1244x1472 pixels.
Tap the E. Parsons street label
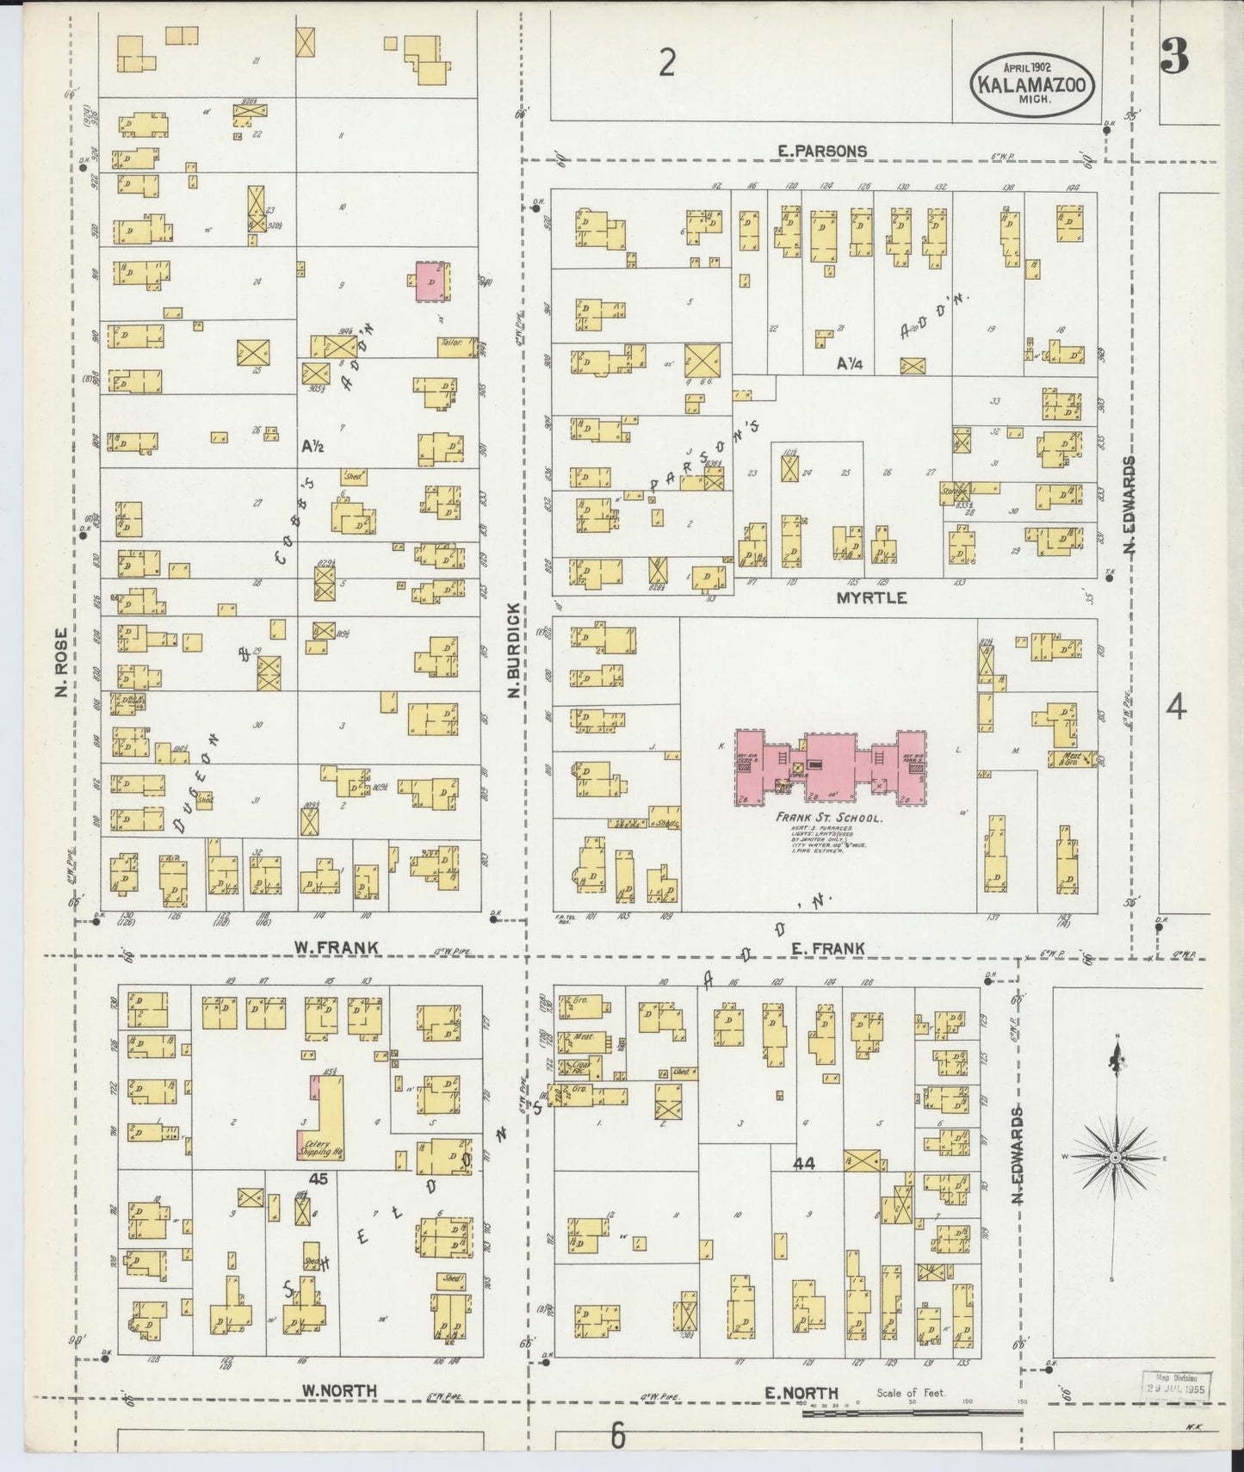(821, 151)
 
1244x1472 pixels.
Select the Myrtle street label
(871, 597)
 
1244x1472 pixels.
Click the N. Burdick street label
(513, 650)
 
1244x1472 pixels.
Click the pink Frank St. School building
(830, 765)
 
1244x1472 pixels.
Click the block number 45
(318, 1180)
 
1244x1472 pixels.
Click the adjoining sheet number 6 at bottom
(616, 1436)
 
